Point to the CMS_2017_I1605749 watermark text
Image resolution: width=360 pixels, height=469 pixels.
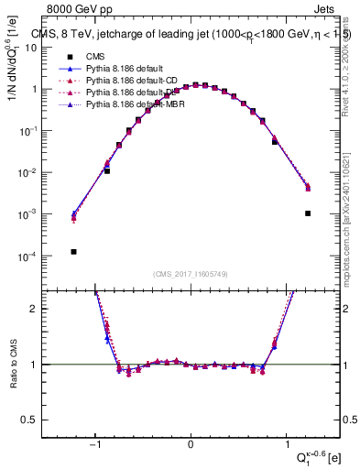pyautogui.click(x=191, y=274)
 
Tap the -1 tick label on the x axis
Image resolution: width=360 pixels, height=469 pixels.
pyautogui.click(x=94, y=444)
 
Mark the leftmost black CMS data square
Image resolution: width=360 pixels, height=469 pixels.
pyautogui.click(x=73, y=252)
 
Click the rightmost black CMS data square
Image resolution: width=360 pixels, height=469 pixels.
pyautogui.click(x=308, y=213)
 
